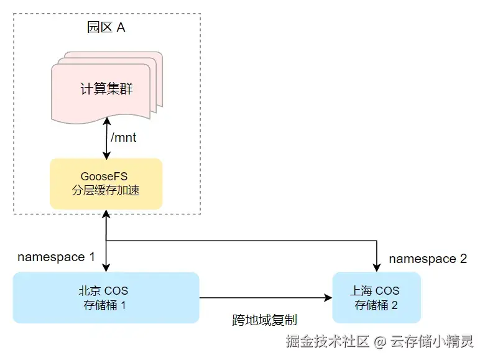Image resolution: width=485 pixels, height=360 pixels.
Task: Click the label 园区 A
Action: (x=106, y=28)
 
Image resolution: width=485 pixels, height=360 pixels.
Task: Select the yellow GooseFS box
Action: (x=106, y=183)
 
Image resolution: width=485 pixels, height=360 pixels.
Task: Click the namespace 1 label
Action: (x=56, y=257)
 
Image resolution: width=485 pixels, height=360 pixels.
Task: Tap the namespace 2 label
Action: (x=428, y=259)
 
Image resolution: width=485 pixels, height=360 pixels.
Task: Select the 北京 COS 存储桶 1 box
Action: (x=106, y=298)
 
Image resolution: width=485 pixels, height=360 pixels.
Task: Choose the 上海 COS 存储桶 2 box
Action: (x=376, y=298)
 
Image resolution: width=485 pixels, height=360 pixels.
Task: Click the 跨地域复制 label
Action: (x=264, y=320)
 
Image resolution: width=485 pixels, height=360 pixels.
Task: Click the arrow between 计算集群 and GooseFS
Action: (x=107, y=138)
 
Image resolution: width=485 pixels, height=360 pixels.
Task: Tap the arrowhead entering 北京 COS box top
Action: (x=107, y=267)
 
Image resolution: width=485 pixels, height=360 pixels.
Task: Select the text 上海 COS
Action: (x=375, y=290)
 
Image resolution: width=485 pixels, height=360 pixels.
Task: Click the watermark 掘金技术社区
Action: (x=328, y=341)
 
